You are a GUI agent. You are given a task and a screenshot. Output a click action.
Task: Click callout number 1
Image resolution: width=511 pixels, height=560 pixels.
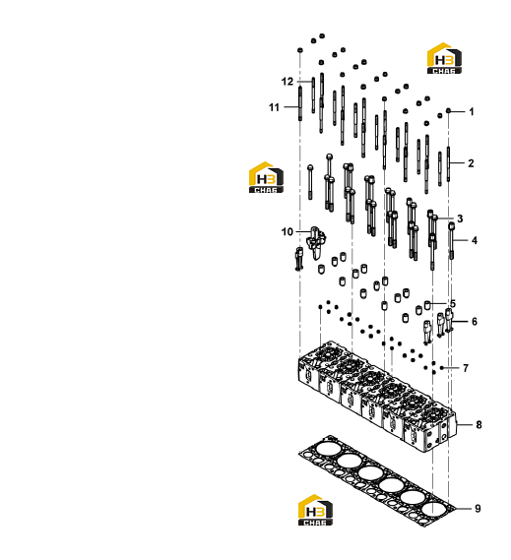[472, 112]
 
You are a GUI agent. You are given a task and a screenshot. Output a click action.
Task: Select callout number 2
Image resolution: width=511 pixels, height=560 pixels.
[471, 163]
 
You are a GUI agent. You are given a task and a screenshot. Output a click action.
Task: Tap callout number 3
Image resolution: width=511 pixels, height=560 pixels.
[460, 218]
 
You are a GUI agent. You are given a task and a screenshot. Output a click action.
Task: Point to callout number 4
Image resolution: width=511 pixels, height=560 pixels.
[475, 240]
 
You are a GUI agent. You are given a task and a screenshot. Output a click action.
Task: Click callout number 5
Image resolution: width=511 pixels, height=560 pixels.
[453, 303]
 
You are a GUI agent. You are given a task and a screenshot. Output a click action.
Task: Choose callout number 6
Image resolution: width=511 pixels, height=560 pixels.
[475, 322]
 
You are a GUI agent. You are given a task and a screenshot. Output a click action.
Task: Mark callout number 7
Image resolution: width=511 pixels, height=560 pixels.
[466, 368]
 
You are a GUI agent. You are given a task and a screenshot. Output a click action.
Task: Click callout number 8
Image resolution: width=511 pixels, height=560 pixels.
[479, 424]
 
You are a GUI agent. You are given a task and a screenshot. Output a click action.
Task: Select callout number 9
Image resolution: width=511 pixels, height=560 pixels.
[478, 508]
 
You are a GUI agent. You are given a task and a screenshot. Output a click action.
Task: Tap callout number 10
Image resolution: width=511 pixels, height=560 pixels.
[287, 232]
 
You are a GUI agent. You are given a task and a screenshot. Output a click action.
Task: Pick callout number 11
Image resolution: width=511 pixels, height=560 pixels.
[274, 107]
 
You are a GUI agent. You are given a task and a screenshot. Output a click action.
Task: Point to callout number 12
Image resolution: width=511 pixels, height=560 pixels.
[287, 82]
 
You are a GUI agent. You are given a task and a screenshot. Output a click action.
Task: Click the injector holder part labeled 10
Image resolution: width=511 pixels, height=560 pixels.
[316, 242]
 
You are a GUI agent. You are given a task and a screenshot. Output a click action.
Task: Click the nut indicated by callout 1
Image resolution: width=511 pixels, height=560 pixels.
[448, 110]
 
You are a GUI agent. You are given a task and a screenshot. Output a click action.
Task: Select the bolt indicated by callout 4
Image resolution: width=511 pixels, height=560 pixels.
[452, 240]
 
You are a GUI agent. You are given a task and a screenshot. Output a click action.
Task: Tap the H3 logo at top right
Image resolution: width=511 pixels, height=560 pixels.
[444, 59]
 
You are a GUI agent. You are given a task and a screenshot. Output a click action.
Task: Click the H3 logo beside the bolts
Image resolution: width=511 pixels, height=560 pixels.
[266, 177]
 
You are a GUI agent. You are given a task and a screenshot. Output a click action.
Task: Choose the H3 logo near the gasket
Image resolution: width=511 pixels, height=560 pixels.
[315, 510]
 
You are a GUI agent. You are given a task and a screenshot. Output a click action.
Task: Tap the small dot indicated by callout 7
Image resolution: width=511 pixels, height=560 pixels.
[442, 368]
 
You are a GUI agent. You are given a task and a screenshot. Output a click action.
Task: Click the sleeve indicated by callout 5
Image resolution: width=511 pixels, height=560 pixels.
[427, 305]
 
